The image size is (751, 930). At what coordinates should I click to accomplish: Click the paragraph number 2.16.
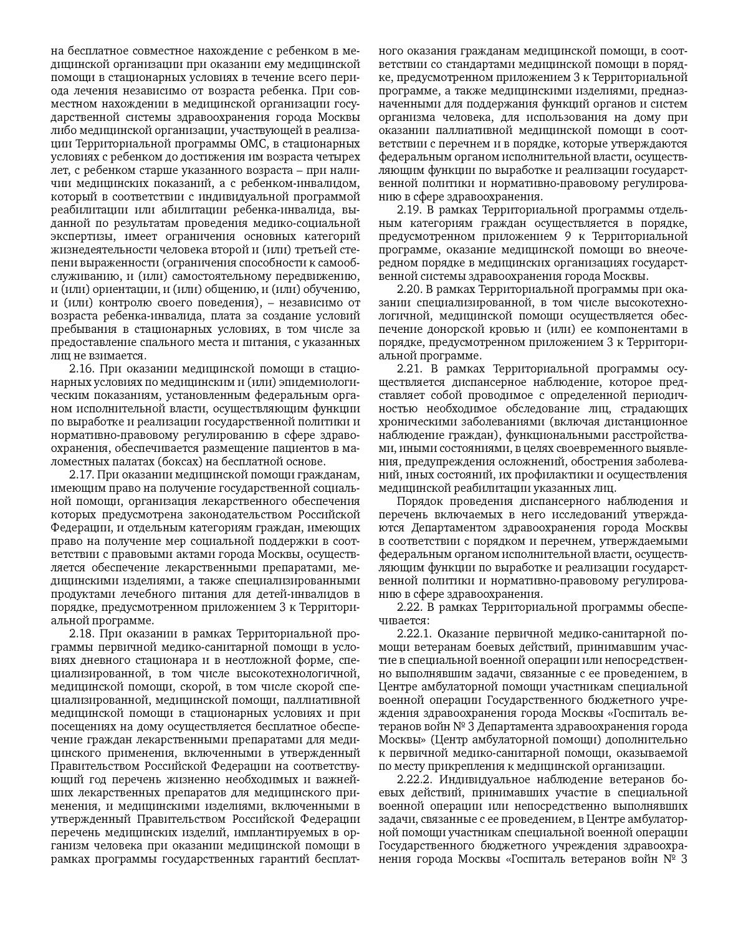pos(82,368)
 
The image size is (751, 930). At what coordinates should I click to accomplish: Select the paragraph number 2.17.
pos(82,474)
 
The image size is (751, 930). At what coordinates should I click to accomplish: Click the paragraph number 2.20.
pos(410,289)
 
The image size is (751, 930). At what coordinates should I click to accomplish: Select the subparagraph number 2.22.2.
pos(416,780)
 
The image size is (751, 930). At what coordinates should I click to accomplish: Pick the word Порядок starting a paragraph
pos(418,501)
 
